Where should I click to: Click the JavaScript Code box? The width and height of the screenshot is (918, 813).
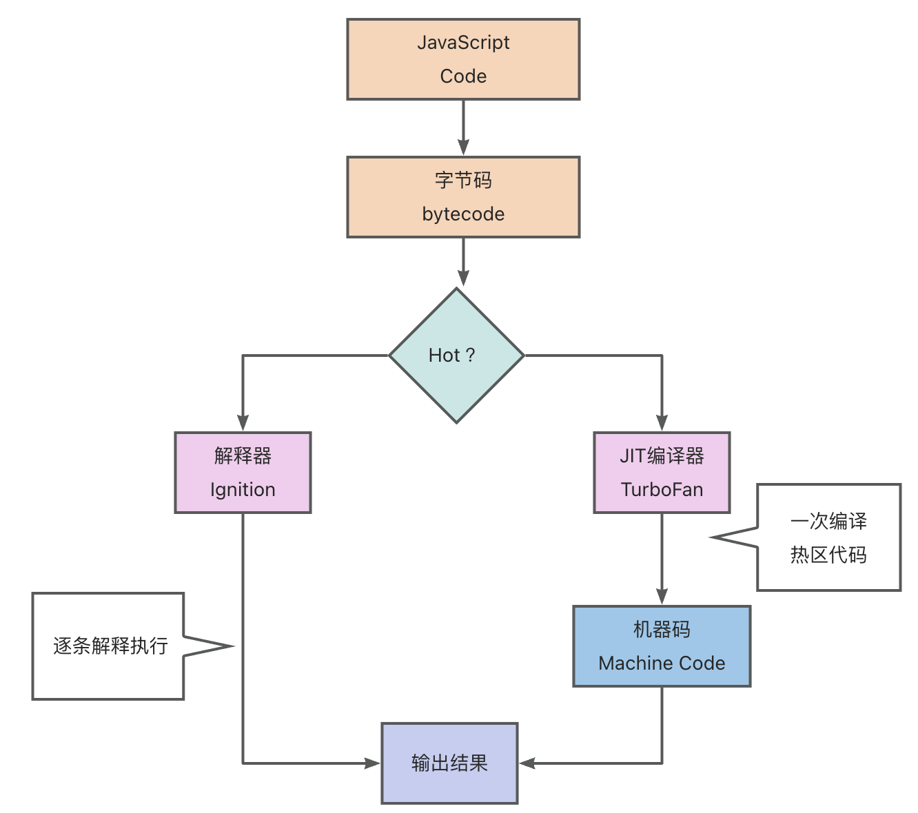(x=463, y=59)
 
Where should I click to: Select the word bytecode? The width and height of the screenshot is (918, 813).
(x=463, y=214)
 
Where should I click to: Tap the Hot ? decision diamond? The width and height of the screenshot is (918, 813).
(x=456, y=356)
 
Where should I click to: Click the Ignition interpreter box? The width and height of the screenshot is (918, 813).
(x=243, y=473)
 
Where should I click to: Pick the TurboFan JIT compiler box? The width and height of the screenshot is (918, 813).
(x=662, y=473)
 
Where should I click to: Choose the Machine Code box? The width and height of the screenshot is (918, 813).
(x=662, y=646)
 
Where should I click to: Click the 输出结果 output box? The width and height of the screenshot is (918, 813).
(x=449, y=763)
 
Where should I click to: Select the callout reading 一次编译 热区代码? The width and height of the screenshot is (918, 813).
(x=828, y=537)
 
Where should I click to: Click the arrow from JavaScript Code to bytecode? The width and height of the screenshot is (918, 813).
(x=463, y=127)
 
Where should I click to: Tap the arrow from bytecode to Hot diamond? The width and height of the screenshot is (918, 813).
(x=463, y=262)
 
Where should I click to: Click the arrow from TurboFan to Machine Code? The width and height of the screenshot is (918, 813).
(x=662, y=558)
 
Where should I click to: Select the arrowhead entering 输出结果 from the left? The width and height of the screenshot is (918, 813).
(x=372, y=763)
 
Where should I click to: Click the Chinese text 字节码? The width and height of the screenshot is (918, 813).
(x=463, y=181)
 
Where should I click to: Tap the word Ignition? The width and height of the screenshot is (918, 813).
(x=243, y=490)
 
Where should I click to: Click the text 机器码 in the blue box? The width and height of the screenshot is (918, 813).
(x=662, y=630)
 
